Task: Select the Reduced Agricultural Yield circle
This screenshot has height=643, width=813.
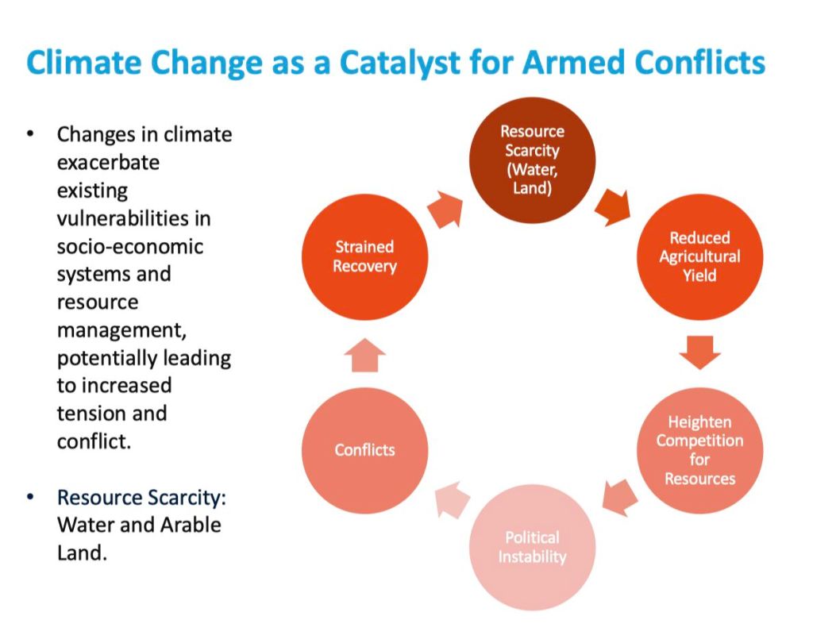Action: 699,256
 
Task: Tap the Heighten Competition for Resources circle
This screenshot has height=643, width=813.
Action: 699,450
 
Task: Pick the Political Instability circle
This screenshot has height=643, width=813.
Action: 532,547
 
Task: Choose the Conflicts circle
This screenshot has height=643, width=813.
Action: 364,450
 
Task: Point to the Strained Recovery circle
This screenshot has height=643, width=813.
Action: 364,256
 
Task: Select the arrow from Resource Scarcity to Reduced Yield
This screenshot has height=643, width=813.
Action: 615,207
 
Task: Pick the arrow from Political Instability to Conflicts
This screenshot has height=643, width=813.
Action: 450,500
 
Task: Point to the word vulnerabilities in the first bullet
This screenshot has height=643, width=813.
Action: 133,218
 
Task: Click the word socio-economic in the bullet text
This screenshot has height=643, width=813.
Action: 130,246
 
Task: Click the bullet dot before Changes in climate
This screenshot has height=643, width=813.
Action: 30,134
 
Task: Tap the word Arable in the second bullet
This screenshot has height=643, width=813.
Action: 188,525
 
